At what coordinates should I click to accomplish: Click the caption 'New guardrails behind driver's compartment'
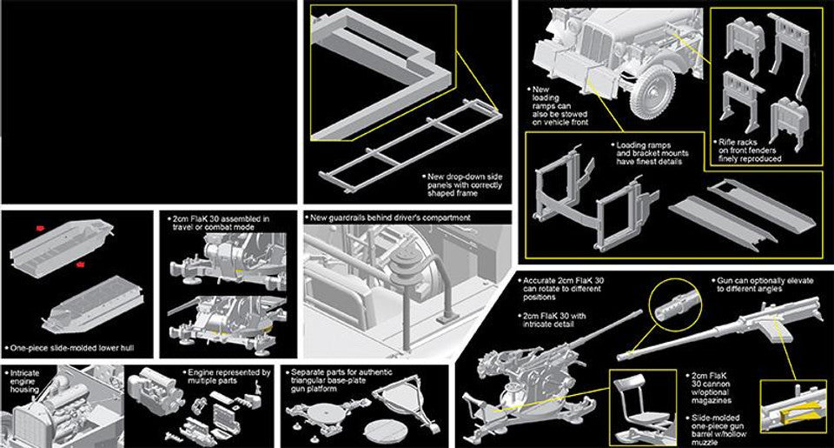point(390,217)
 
